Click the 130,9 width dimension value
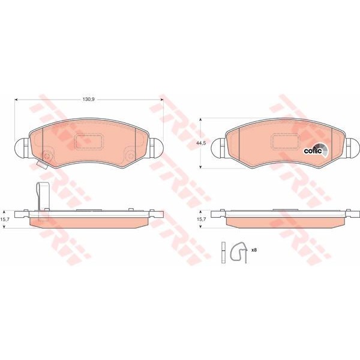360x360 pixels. [89, 100]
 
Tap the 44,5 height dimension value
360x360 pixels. [201, 143]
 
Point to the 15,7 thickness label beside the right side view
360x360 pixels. [201, 219]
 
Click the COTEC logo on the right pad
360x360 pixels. [316, 150]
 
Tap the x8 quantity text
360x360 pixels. [254, 250]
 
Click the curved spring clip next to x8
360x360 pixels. [239, 252]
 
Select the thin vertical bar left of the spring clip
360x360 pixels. [223, 253]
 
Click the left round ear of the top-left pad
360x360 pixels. [22, 148]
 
